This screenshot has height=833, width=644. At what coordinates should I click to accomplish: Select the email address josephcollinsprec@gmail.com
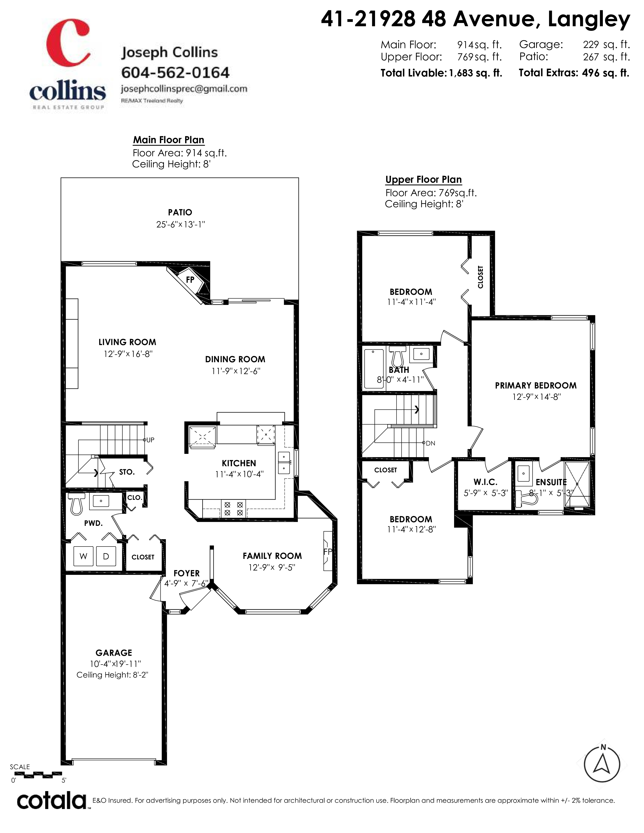tap(184, 89)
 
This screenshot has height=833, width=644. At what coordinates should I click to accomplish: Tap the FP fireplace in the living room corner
tap(190, 280)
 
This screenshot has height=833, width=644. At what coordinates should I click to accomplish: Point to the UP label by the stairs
tap(150, 440)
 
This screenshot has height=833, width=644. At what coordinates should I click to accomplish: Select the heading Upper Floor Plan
tap(424, 180)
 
